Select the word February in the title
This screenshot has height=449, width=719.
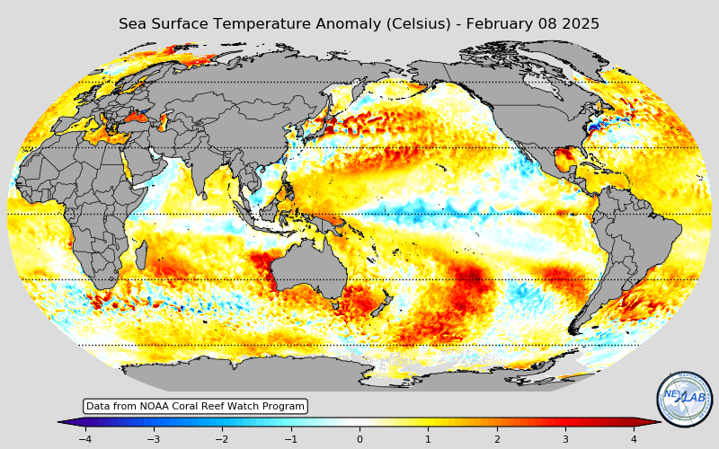tap(497, 24)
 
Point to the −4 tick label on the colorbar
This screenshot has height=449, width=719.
tap(84, 439)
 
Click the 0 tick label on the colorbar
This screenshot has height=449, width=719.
tap(359, 439)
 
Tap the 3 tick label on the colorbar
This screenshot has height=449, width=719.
tap(565, 439)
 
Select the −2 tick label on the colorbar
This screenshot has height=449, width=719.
tap(221, 439)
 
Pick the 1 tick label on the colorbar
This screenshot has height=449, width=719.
tap(428, 439)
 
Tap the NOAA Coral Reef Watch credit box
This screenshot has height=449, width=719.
tap(195, 407)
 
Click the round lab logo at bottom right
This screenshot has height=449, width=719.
tap(684, 399)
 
